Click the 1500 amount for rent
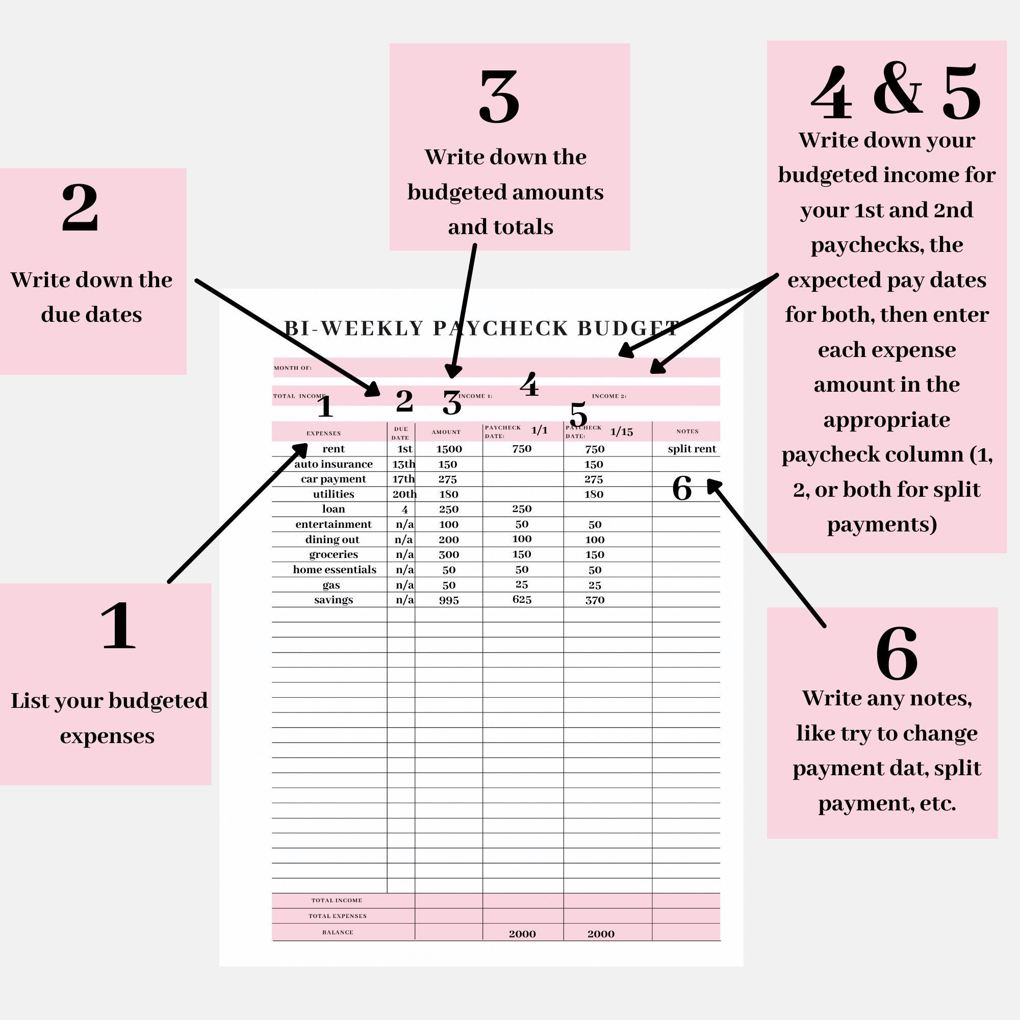coord(449,449)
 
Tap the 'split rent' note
coord(692,449)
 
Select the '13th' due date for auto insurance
coord(403,465)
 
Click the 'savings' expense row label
coord(333,600)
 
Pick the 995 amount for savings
coord(449,600)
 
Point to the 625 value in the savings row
coord(522,600)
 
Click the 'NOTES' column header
coord(687,431)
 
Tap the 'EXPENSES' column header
coord(324,433)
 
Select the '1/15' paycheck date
coord(621,432)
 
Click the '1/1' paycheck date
coord(539,430)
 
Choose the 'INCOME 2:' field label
coord(609,396)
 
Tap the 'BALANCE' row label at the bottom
coord(338,932)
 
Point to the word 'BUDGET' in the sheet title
coord(628,328)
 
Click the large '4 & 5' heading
coord(896,92)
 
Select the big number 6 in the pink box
coord(897,654)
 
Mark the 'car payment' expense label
coord(333,479)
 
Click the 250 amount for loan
coord(449,509)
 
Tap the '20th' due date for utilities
coord(404,495)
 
